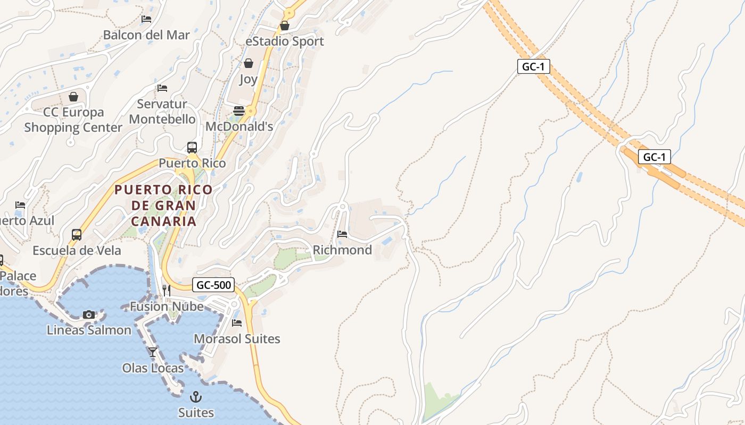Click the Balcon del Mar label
pos(146,35)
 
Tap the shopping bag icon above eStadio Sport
pos(285,25)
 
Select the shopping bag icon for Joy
pos(249,64)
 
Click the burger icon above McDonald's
pos(239,110)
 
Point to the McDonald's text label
pos(239,126)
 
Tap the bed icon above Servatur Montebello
pos(162,88)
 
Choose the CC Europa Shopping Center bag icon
pos(73,97)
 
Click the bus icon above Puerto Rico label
pos(192,148)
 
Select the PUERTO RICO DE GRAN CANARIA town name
pos(163,205)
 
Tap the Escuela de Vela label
pos(77,250)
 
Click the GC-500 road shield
pos(214,285)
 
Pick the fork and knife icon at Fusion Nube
pos(167,290)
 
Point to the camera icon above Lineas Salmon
pos(89,314)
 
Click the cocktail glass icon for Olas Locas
pos(153,352)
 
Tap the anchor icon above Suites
pos(196,397)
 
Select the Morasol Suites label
pos(237,338)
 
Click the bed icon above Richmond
pos(342,234)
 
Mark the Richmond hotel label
pos(342,250)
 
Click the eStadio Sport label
pos(285,41)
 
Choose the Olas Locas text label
pos(153,368)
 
